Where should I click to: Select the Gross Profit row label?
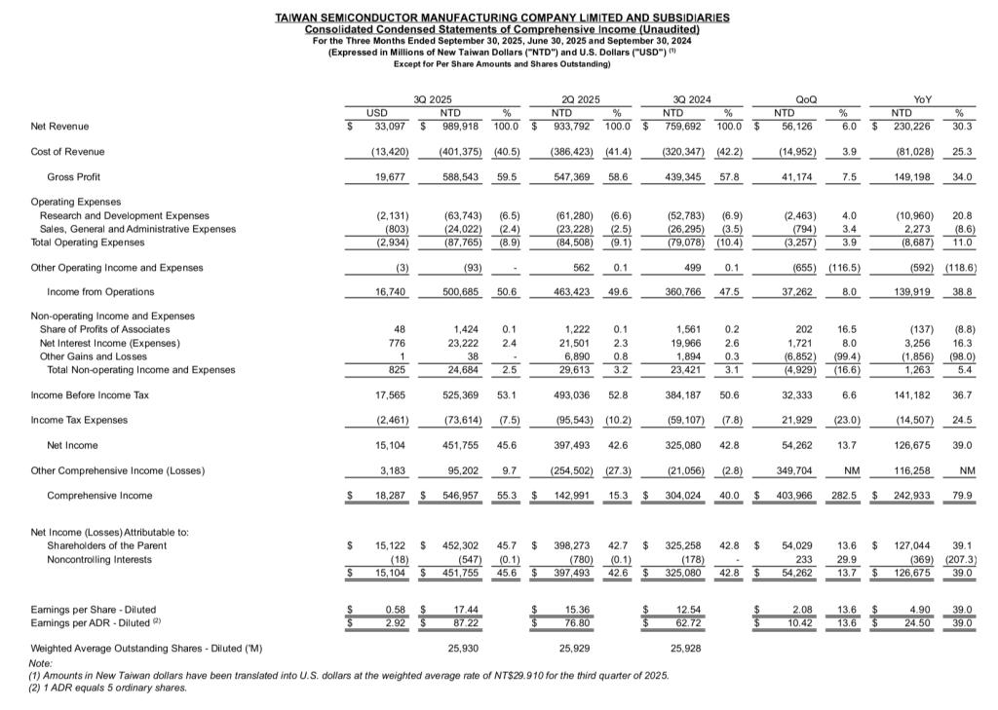[x=74, y=177]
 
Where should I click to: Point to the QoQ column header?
[x=806, y=99]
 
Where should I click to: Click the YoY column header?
[x=922, y=99]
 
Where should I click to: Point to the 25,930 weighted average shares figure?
[x=463, y=648]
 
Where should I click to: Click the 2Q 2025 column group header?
[x=582, y=99]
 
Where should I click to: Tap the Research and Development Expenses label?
[x=124, y=215]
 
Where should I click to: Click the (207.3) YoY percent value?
[x=960, y=560]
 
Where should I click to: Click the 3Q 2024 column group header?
[x=692, y=99]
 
